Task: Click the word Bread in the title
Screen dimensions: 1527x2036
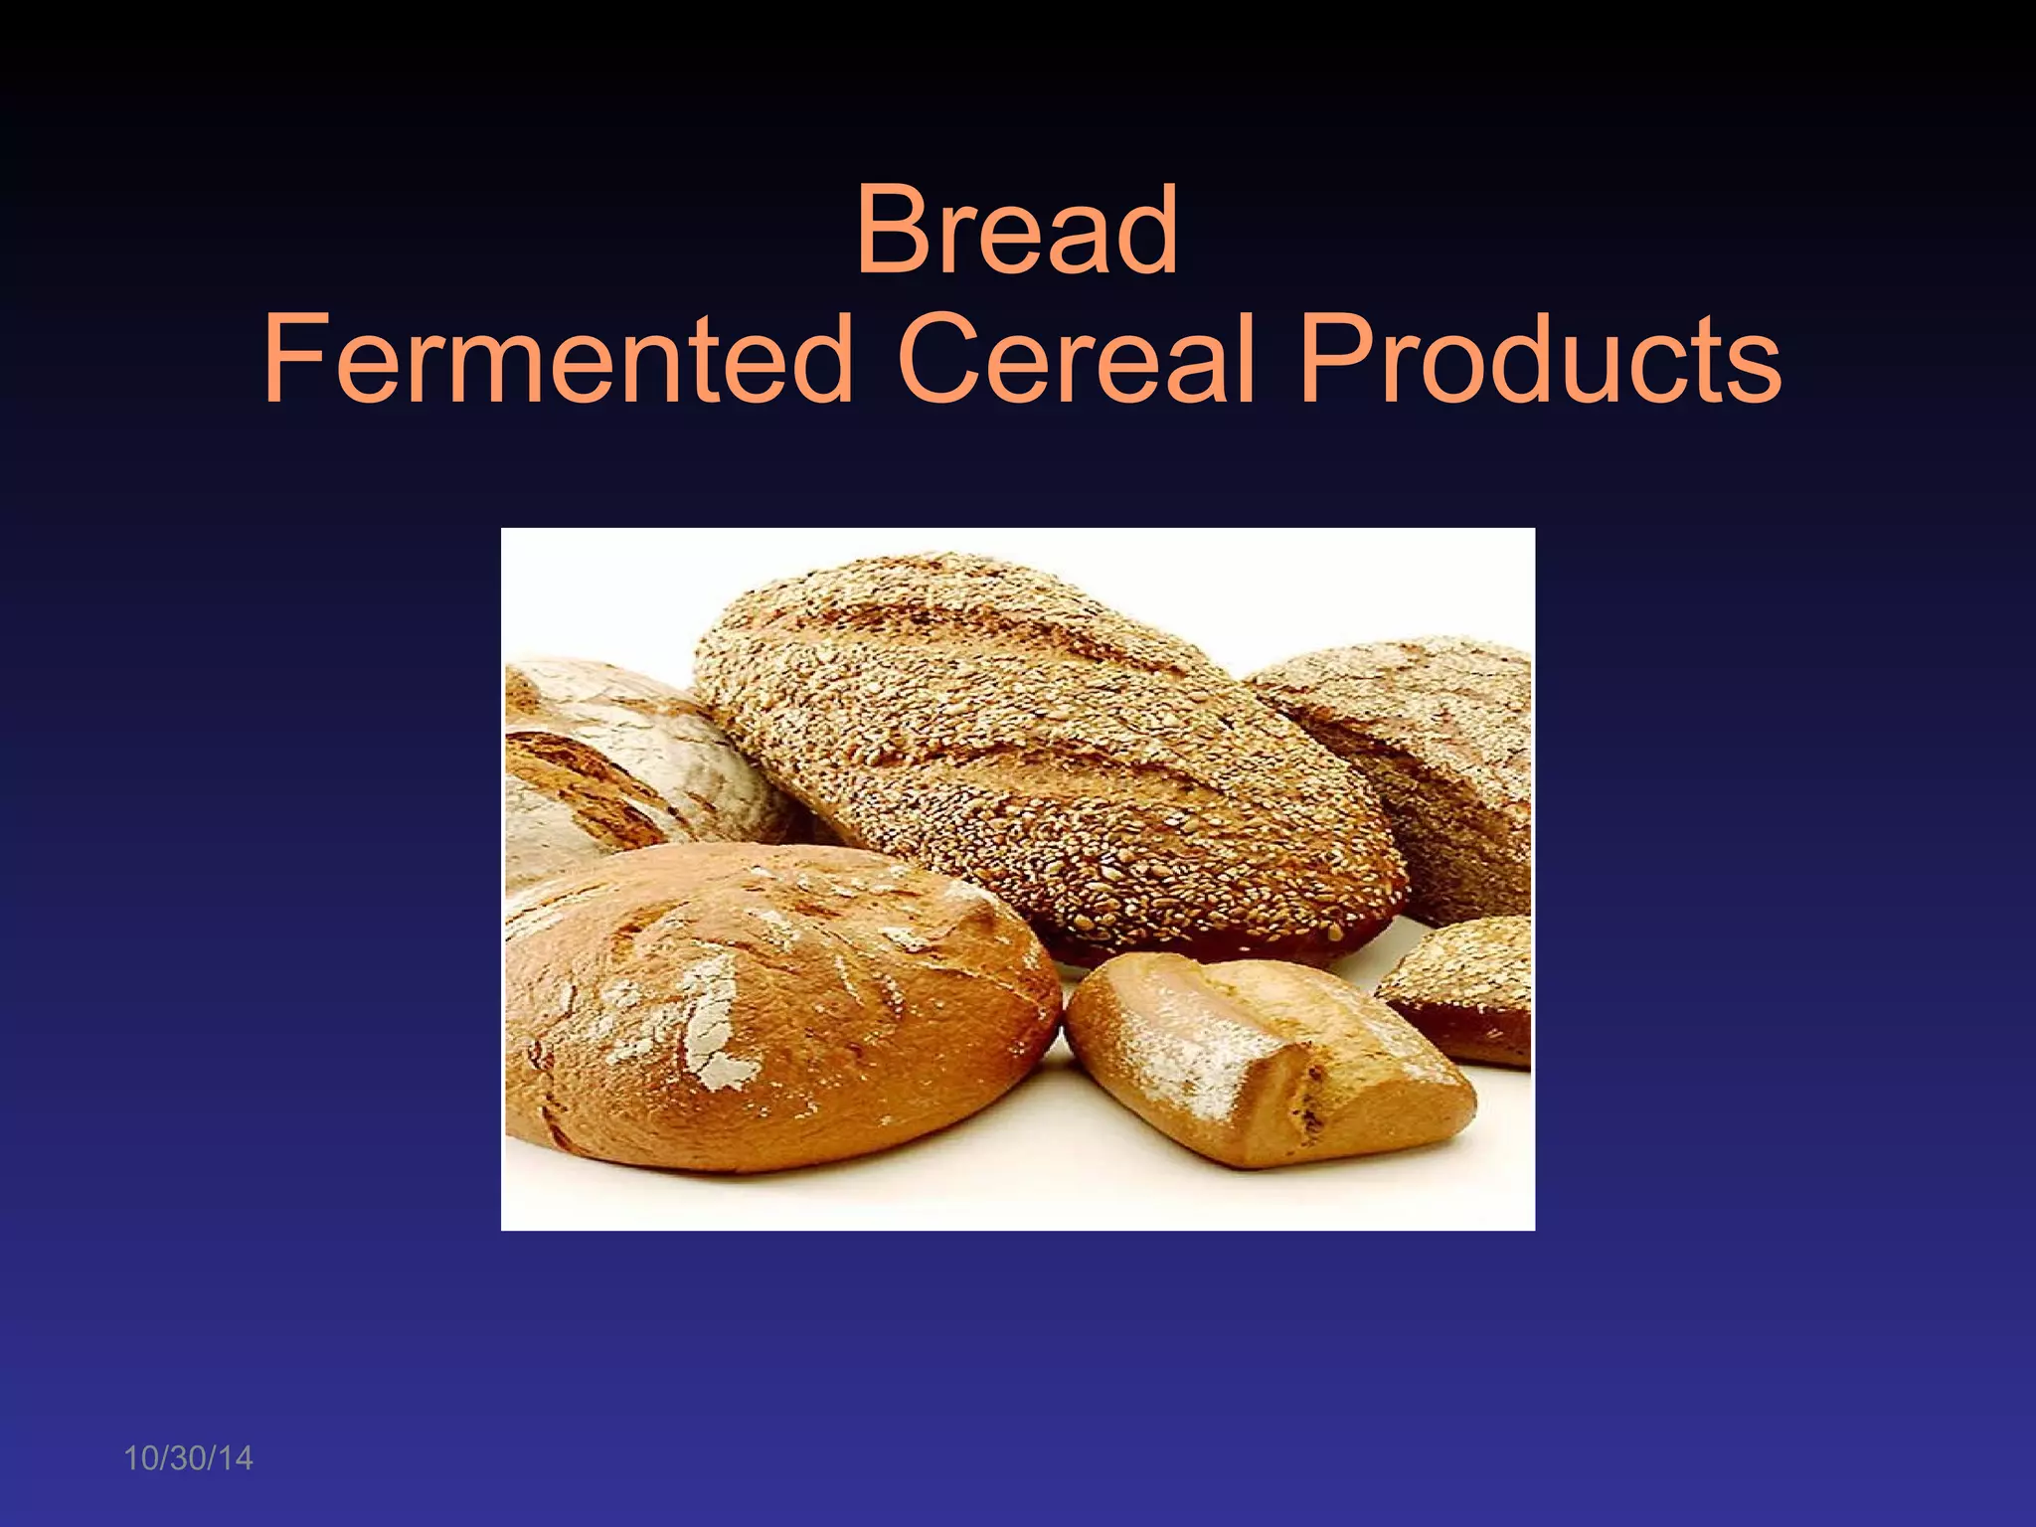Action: point(1017,231)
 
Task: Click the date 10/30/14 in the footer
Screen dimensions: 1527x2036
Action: point(188,1458)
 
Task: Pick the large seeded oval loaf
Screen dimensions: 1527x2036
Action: point(1044,756)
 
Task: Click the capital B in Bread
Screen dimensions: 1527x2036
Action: point(891,231)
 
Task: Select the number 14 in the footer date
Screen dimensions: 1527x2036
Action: point(235,1458)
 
